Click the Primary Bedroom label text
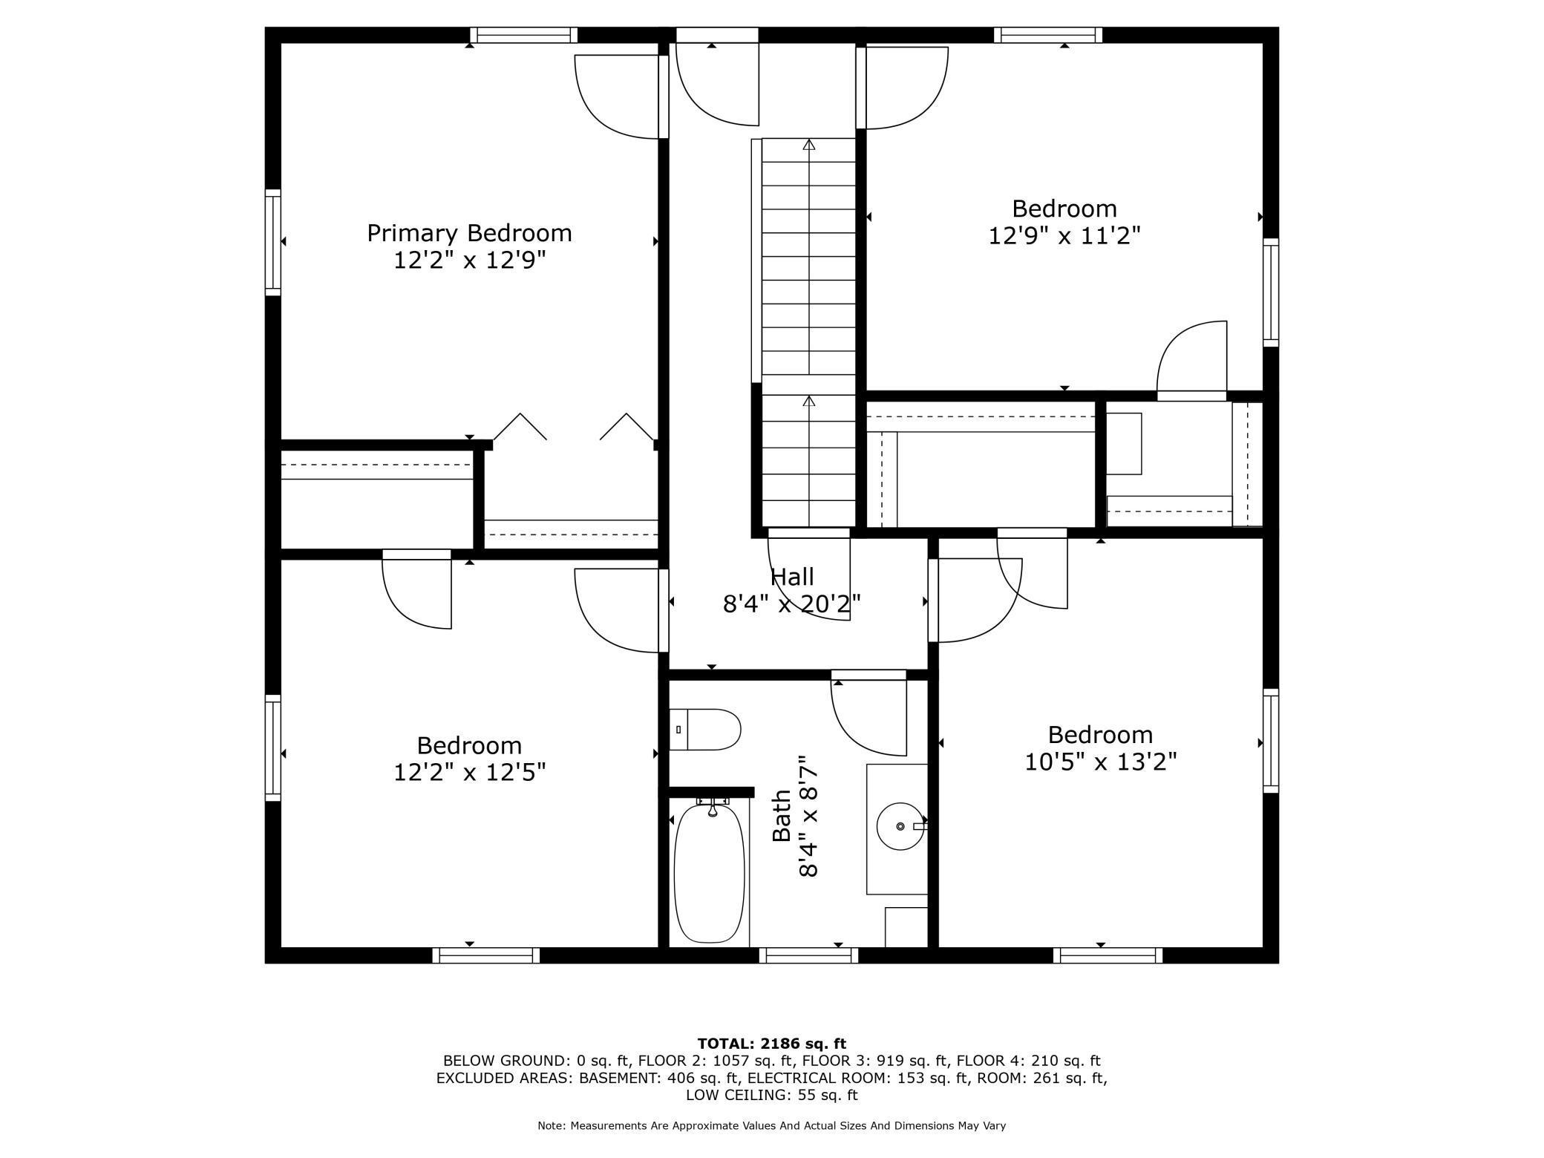[x=469, y=233]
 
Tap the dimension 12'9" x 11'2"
[x=1064, y=235]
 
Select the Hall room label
[x=792, y=577]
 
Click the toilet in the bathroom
[x=705, y=729]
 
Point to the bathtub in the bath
[x=709, y=872]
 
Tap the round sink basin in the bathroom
[x=900, y=825]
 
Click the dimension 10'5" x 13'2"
[x=1100, y=762]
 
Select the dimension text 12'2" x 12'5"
[x=469, y=773]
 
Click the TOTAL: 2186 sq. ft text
[x=771, y=1044]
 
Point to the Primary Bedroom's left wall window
[x=273, y=242]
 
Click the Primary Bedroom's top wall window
[x=524, y=35]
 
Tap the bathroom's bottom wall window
[x=808, y=955]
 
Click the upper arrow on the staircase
[x=809, y=144]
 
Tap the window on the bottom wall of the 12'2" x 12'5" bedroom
[x=486, y=955]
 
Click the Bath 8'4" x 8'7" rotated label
[x=795, y=816]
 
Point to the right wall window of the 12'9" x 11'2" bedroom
[x=1271, y=292]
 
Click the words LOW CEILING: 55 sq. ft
[x=771, y=1095]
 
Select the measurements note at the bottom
[x=771, y=1125]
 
